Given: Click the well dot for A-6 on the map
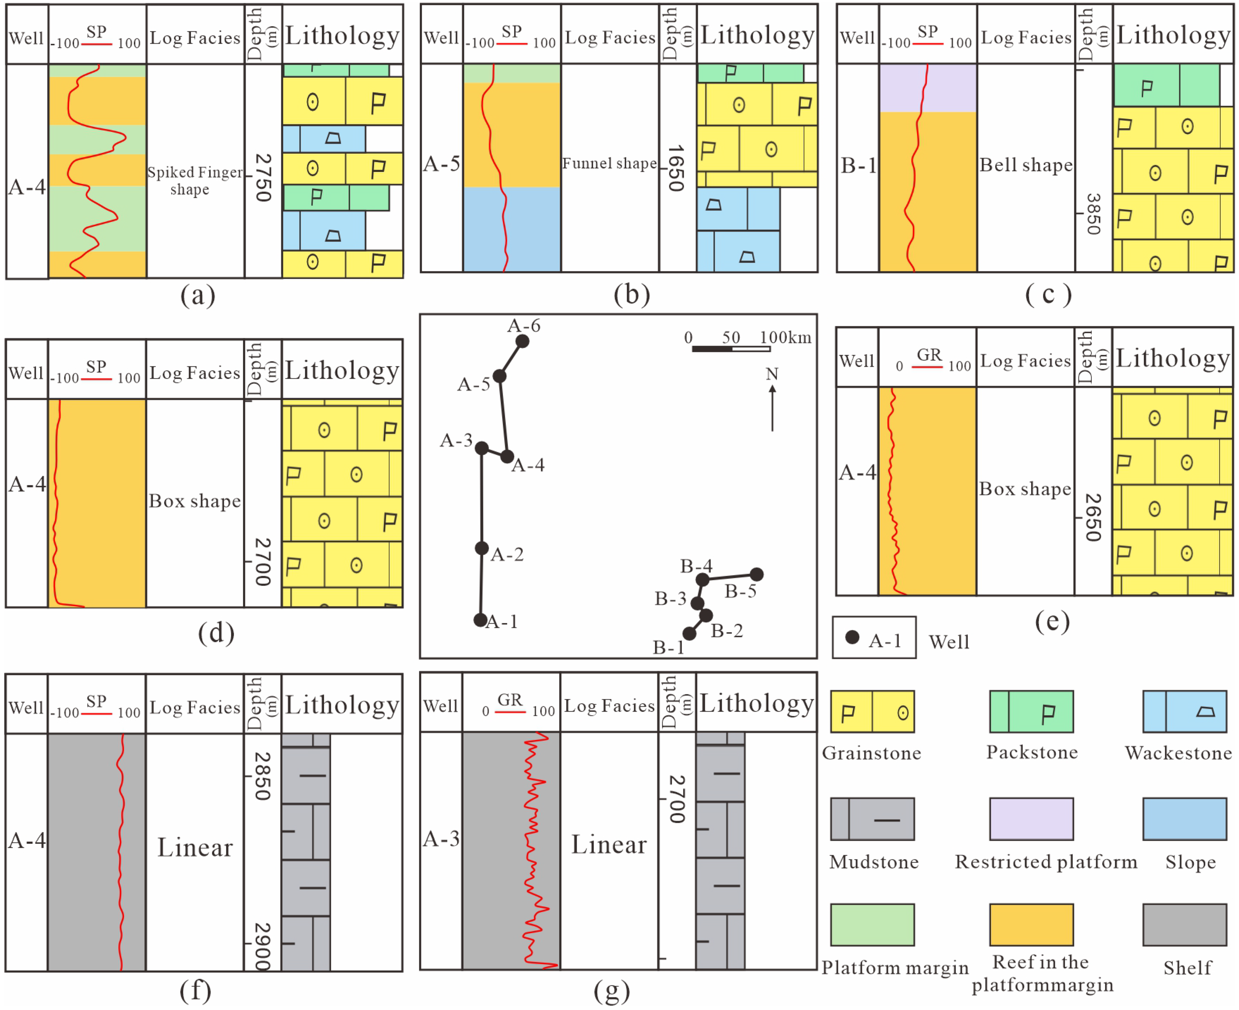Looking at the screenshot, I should point(522,341).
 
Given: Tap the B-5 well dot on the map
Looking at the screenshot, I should point(757,574).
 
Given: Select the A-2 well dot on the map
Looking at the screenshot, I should point(481,548).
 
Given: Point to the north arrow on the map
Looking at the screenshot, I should point(772,407).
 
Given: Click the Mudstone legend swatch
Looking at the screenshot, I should point(872,819).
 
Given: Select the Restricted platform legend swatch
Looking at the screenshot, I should point(1031,819).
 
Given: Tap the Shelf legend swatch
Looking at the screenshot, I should point(1184,924).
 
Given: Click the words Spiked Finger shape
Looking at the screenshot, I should point(194,180).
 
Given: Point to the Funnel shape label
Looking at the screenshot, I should point(609,164).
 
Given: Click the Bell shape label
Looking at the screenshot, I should point(1025,165).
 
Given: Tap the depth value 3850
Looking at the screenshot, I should point(1093,214).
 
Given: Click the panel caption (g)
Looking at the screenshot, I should point(611,991).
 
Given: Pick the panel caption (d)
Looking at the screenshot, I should point(216,633).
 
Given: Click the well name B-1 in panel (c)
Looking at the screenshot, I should point(858,166).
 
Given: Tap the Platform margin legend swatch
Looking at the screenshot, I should point(872,924).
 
